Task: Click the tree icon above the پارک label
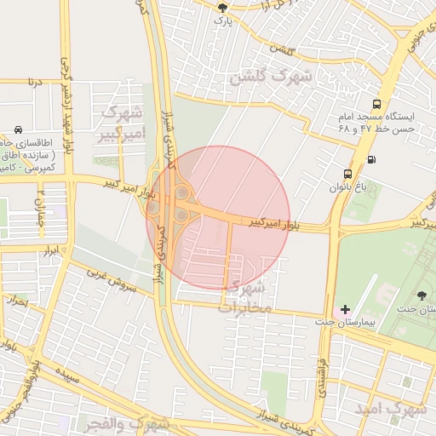tap(223, 5)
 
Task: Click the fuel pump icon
tap(370, 159)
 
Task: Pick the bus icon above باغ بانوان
tap(347, 173)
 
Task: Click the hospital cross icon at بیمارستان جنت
tap(345, 308)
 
